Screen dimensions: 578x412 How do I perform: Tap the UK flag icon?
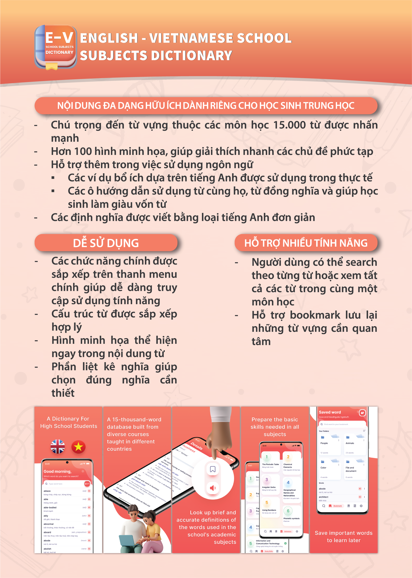57,446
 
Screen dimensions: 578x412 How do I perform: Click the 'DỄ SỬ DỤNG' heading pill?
106,243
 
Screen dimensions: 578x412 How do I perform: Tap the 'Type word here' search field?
63,484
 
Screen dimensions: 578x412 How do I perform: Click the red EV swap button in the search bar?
87,484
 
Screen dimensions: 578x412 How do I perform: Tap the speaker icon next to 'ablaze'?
89,491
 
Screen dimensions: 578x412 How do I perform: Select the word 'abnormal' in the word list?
49,524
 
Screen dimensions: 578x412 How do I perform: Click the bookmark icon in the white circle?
213,469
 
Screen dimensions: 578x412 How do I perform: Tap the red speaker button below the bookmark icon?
213,488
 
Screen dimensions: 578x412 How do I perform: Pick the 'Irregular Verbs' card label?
269,487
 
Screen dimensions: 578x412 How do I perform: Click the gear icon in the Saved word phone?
361,506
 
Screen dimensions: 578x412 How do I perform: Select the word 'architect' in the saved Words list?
324,497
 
